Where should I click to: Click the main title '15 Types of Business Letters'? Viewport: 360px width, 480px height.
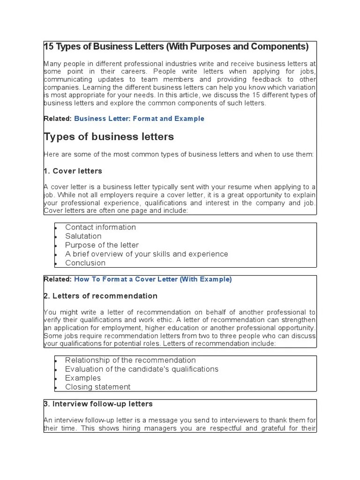[x=176, y=47]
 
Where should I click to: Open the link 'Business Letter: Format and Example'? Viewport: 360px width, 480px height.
[x=139, y=119]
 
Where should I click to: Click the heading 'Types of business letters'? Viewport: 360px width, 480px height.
[x=108, y=137]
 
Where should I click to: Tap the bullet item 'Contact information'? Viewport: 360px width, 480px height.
[x=100, y=227]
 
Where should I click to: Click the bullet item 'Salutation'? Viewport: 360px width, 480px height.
[x=83, y=236]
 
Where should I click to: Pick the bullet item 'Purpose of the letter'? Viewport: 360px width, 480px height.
[x=102, y=245]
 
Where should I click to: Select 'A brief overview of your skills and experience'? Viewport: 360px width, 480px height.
[x=146, y=254]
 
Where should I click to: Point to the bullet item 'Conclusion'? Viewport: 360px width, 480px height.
[x=85, y=263]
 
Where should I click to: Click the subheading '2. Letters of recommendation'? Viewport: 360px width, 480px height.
[x=100, y=296]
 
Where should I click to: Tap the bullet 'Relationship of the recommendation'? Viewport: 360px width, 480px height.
[x=130, y=360]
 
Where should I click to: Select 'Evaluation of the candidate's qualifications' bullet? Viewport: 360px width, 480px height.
[x=142, y=369]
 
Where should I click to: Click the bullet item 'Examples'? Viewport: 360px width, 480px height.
[x=83, y=378]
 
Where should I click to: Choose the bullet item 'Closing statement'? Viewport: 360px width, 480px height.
[x=97, y=387]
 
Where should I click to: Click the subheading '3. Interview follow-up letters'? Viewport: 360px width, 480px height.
[x=98, y=404]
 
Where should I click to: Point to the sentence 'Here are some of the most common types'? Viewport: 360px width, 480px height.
[x=178, y=154]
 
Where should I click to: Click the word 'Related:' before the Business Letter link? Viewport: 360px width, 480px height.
[x=58, y=119]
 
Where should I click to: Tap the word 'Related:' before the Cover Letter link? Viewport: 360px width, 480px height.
[x=58, y=279]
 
